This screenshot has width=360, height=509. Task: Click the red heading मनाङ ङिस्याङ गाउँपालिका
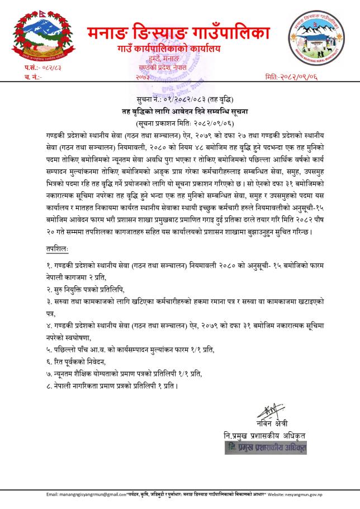(179, 33)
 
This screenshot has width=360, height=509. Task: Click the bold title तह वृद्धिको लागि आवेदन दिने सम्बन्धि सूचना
(180, 111)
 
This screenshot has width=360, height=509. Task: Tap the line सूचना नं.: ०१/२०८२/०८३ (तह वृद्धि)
(179, 101)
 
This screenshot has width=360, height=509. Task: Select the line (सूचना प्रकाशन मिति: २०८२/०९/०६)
(179, 122)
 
